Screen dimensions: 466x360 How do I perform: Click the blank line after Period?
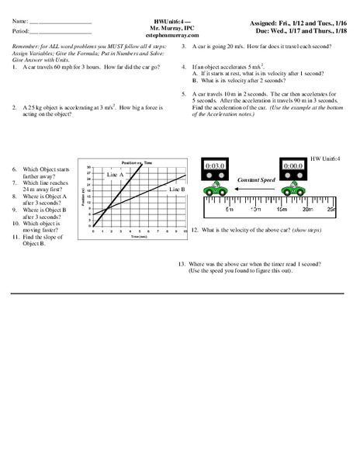(64, 33)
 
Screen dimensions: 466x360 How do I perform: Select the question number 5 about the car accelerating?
(184, 93)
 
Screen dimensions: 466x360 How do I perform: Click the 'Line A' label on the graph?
(116, 176)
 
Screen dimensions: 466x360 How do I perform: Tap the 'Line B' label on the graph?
(176, 189)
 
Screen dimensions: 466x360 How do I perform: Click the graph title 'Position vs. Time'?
(137, 162)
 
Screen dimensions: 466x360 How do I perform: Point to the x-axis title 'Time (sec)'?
(139, 235)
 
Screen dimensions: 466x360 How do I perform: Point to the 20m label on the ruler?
(330, 210)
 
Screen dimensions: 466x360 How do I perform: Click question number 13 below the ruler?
(182, 265)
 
